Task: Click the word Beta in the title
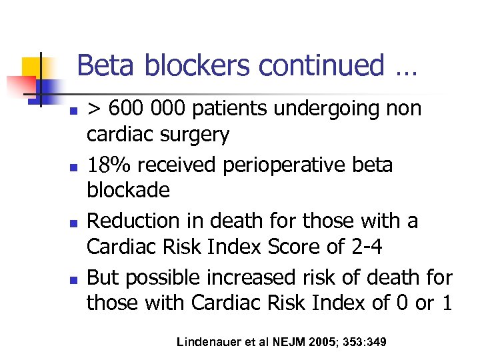coord(99,65)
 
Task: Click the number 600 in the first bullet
coord(125,109)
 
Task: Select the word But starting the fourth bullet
coord(103,275)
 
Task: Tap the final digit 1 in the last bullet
coord(446,303)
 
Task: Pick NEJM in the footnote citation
coord(287,342)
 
